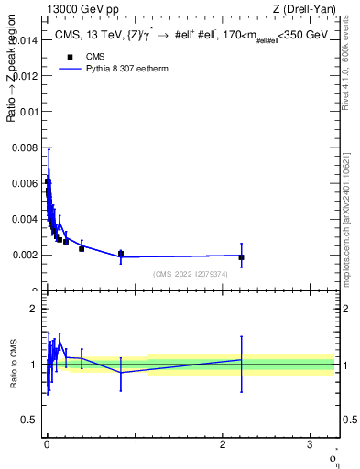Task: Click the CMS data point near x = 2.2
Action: (x=241, y=257)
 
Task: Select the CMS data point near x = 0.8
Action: (x=120, y=254)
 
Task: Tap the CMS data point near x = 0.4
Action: (x=82, y=248)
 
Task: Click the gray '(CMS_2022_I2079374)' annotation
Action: (x=191, y=275)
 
